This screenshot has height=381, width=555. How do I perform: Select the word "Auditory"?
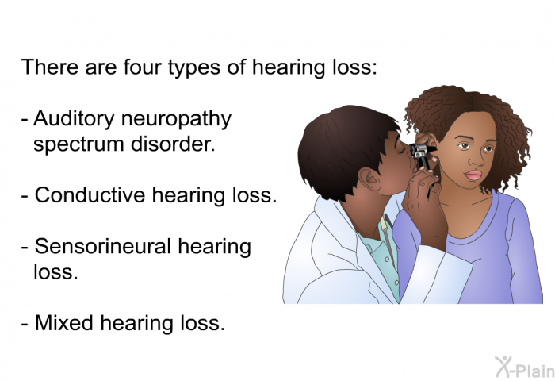[x=74, y=120]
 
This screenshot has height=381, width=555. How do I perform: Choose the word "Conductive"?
[x=90, y=195]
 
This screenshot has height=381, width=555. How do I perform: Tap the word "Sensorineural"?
[x=103, y=246]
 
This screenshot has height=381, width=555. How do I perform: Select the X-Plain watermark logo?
[x=524, y=368]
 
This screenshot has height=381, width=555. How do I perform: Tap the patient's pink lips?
[x=473, y=175]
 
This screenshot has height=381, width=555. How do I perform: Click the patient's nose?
[x=476, y=159]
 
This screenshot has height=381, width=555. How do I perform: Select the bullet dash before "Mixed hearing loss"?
[x=25, y=324]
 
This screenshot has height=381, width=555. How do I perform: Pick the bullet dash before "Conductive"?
[x=25, y=196]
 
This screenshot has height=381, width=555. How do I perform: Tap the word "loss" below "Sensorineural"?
[x=55, y=271]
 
